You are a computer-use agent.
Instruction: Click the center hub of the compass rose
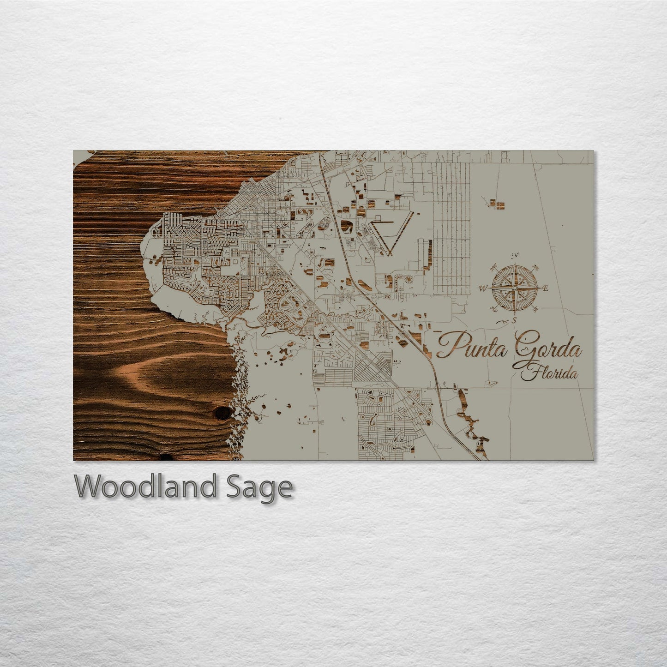pyautogui.click(x=514, y=288)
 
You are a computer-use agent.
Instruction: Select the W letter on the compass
pyautogui.click(x=483, y=289)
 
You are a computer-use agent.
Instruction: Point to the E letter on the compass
pyautogui.click(x=545, y=289)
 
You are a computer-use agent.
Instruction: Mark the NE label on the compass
pyautogui.click(x=536, y=267)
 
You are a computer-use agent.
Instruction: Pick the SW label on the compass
pyautogui.click(x=493, y=309)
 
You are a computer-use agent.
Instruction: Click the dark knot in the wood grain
pyautogui.click(x=223, y=412)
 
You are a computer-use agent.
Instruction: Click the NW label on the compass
pyautogui.click(x=493, y=267)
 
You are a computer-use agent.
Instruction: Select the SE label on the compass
pyautogui.click(x=536, y=309)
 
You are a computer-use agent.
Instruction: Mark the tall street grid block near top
pyautogui.click(x=451, y=222)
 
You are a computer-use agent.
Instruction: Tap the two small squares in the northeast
pyautogui.click(x=497, y=203)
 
